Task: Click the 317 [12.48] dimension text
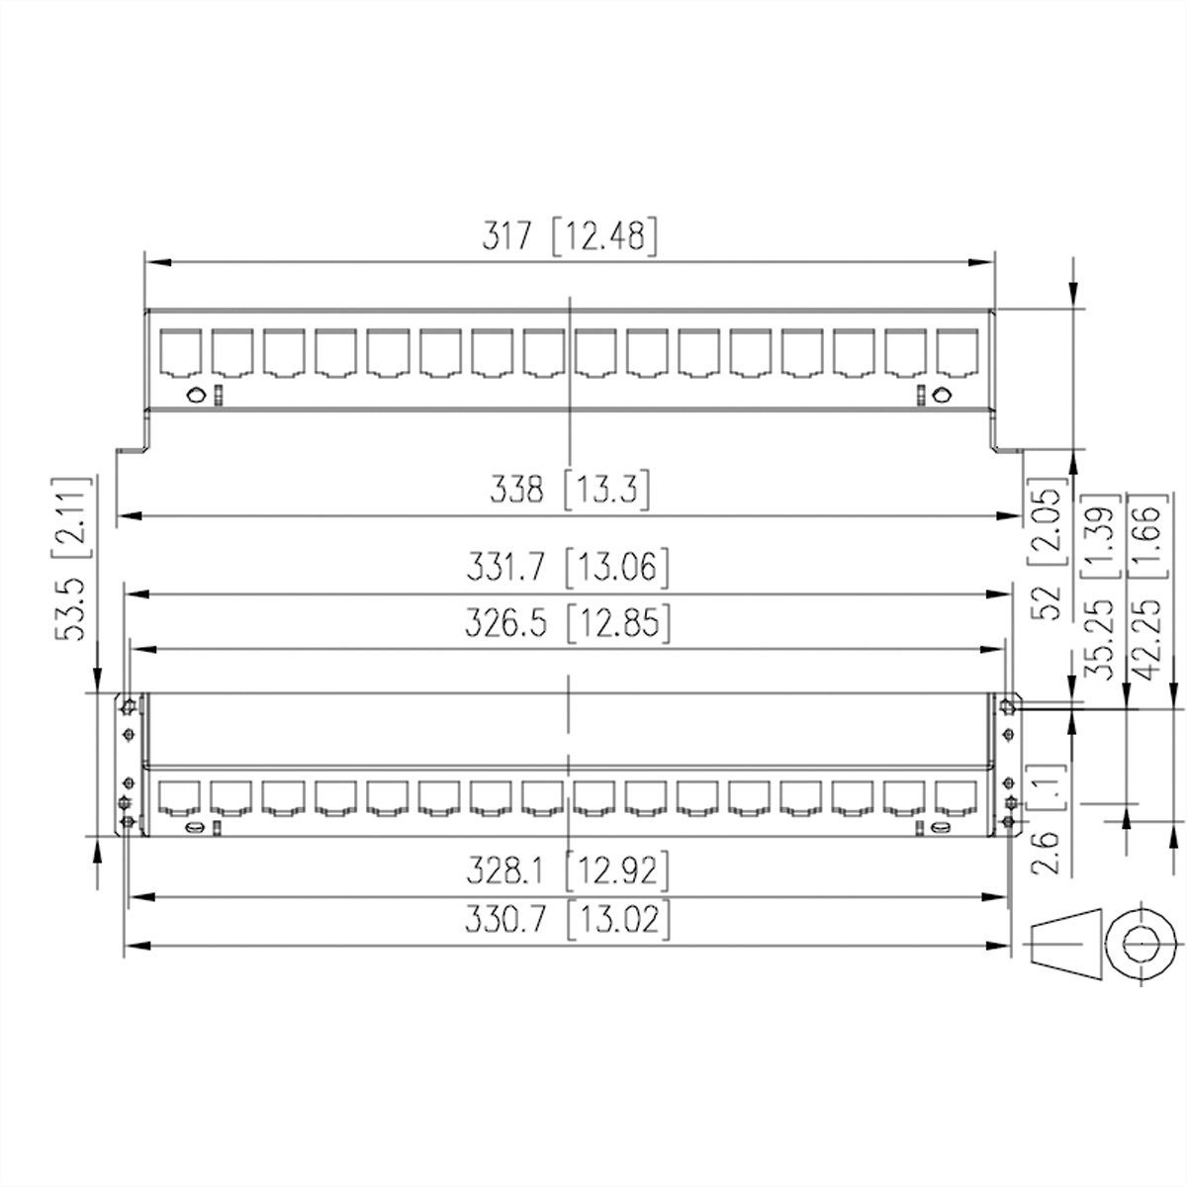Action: click(569, 238)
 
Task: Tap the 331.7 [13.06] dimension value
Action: click(569, 568)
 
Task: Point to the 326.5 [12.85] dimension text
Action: click(569, 623)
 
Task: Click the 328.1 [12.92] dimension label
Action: click(569, 871)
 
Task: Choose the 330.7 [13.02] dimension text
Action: click(569, 920)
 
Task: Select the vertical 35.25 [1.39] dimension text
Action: click(1099, 584)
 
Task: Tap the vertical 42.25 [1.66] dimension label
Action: click(1147, 584)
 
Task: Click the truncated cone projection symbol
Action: click(1066, 943)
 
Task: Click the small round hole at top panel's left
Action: click(197, 396)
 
